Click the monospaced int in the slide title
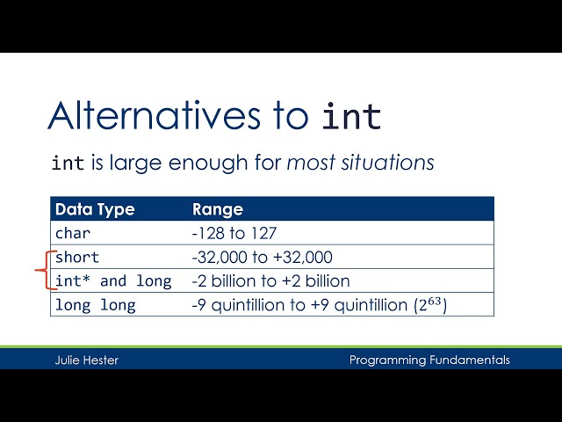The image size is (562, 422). pyautogui.click(x=352, y=116)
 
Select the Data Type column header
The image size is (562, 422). pyautogui.click(x=95, y=209)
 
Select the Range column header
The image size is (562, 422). pyautogui.click(x=217, y=209)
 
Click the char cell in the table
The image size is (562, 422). pyautogui.click(x=73, y=234)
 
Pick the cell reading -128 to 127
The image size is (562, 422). pyautogui.click(x=234, y=234)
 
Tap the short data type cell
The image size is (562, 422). pyautogui.click(x=77, y=258)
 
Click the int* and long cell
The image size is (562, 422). pyautogui.click(x=113, y=281)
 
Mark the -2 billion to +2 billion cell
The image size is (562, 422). pyautogui.click(x=270, y=281)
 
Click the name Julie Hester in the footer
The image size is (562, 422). pyautogui.click(x=83, y=360)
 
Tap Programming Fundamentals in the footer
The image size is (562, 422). pyautogui.click(x=429, y=360)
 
